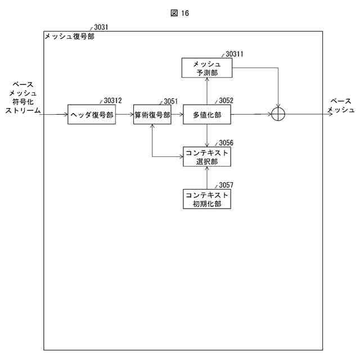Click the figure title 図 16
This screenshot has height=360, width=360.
[x=179, y=13]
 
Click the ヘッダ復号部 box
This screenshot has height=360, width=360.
[x=92, y=115]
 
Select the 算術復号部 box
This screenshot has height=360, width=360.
[x=152, y=115]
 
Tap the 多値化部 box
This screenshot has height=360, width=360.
[x=207, y=115]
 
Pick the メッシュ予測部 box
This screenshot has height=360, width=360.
[x=207, y=68]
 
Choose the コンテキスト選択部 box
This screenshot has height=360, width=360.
[x=207, y=157]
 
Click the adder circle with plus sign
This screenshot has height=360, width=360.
[x=278, y=114]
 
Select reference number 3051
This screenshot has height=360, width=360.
[x=170, y=101]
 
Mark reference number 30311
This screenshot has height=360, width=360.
[x=234, y=54]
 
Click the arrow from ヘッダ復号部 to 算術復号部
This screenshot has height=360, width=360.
[x=124, y=115]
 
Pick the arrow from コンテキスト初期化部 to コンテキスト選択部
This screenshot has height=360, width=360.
[x=207, y=178]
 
